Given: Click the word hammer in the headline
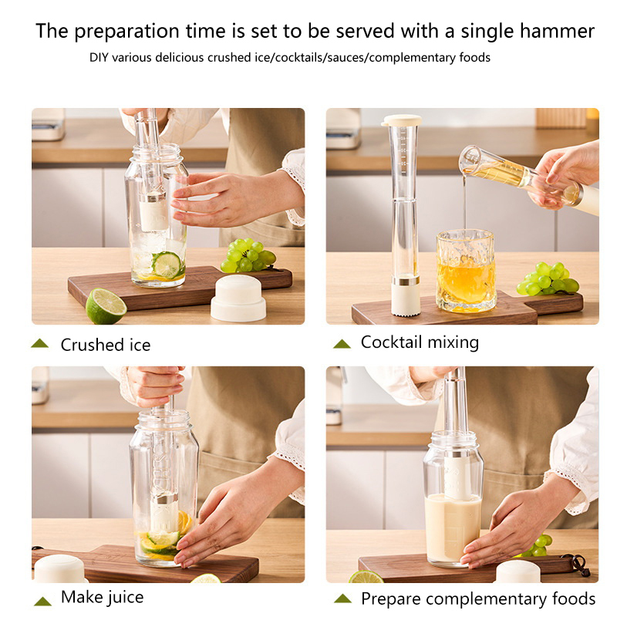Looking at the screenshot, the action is point(557,31).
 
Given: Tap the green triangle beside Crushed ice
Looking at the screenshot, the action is point(40,343).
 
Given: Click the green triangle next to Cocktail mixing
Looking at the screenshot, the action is point(342,344).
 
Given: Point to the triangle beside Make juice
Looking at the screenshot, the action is point(42,601).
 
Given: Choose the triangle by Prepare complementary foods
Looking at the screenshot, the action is point(342,598).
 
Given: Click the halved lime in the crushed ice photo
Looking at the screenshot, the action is point(106,306).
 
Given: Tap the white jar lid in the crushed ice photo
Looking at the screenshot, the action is point(238,298).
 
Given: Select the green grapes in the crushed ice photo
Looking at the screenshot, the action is point(248,255).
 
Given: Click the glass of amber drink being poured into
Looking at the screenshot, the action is point(466,271).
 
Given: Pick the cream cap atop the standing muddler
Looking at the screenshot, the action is point(401,120).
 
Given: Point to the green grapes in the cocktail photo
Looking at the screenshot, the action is point(548,279).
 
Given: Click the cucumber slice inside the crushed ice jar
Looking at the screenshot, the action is point(167,265).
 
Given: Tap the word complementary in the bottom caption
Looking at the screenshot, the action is point(487,599).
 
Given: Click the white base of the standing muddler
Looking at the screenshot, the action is point(406,300).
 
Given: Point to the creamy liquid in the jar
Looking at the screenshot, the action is point(452,528).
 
